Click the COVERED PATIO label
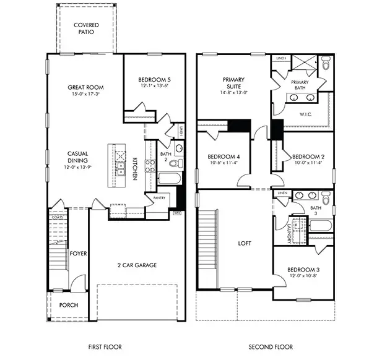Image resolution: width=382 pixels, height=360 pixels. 87,28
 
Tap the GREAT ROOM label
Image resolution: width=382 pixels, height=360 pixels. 84,88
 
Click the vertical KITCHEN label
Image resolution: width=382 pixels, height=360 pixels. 134,168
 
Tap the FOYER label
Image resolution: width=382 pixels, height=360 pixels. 77,253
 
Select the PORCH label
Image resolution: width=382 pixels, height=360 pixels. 68,305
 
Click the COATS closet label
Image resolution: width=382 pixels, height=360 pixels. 58,217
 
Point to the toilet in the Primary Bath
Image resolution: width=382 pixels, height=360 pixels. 326,63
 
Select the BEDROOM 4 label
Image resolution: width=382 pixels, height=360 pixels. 223,156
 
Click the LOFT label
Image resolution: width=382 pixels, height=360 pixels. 245,244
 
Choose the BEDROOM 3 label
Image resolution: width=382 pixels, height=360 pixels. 303,270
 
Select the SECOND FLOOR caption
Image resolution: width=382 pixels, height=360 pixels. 266,347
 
